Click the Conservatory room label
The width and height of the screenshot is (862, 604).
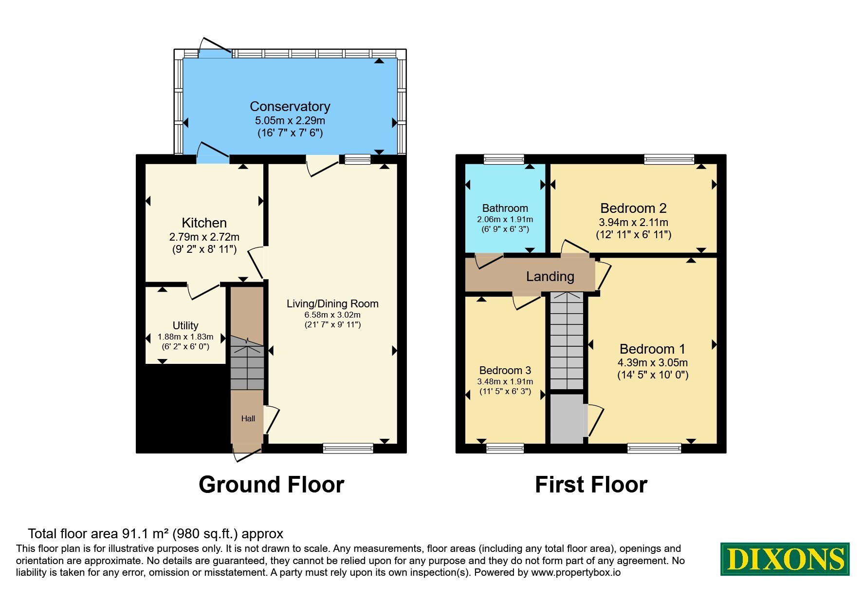[290, 106]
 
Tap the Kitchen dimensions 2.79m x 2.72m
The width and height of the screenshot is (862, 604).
[204, 237]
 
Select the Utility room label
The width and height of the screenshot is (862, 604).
[185, 325]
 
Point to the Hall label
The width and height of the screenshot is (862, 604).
[248, 418]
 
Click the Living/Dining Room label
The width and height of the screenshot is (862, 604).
[332, 303]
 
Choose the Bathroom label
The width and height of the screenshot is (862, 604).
[505, 208]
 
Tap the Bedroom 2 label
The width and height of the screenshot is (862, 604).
[633, 208]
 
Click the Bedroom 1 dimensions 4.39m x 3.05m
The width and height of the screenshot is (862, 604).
[653, 362]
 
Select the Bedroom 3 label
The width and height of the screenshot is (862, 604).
[505, 370]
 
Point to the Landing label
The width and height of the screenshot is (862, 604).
[550, 277]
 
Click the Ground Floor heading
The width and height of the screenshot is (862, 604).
[272, 485]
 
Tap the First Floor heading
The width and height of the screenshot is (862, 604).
[591, 485]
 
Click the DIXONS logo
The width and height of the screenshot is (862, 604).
[785, 559]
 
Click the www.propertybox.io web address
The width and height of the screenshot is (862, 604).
[576, 573]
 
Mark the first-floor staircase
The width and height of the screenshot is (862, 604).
[567, 341]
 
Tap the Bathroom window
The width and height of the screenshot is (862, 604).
[504, 159]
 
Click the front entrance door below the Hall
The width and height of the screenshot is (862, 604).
[247, 452]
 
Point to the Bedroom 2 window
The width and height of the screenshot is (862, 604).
[669, 159]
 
